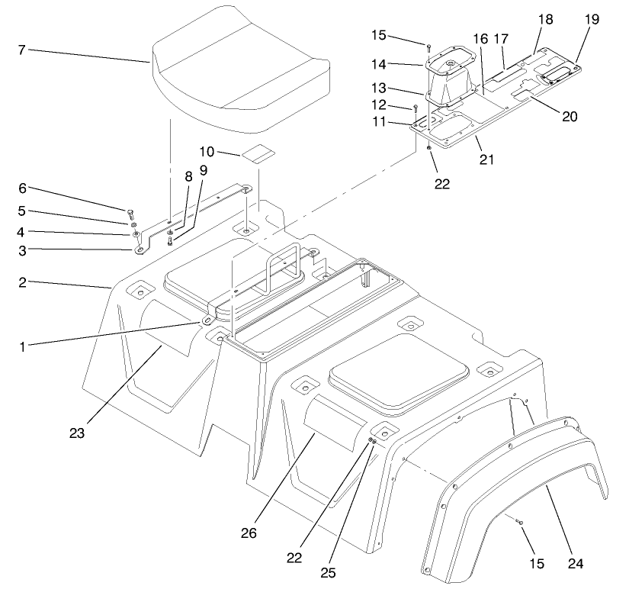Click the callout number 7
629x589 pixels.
[21, 50]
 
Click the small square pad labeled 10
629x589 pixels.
[256, 153]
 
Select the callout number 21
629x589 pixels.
[487, 159]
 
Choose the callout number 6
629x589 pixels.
[22, 188]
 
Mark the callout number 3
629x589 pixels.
[22, 249]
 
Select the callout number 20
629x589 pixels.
[570, 117]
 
